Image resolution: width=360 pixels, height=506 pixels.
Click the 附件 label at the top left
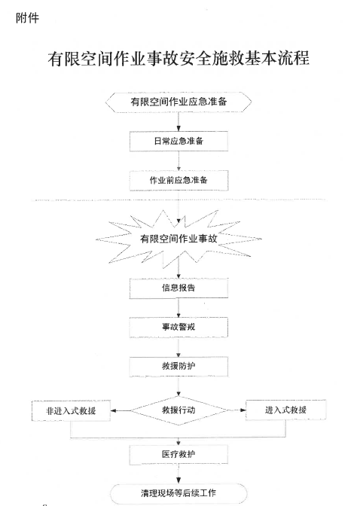[27, 19]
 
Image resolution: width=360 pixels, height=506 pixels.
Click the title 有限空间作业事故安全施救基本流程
[178, 58]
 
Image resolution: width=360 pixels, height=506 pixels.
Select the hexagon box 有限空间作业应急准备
[178, 101]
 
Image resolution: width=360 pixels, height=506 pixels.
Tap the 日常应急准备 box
[178, 141]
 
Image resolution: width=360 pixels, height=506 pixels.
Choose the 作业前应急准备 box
[178, 181]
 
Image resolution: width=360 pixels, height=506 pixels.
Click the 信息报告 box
[178, 288]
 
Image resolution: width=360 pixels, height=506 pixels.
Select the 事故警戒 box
[178, 328]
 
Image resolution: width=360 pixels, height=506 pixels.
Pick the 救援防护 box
[178, 367]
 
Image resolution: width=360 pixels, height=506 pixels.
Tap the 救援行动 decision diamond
[178, 410]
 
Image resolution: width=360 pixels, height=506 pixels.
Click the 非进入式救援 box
[70, 410]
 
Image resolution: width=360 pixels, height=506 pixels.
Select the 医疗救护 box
[178, 455]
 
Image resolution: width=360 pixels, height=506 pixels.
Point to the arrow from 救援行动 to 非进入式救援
[121, 411]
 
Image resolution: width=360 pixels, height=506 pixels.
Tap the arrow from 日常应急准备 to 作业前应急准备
[178, 161]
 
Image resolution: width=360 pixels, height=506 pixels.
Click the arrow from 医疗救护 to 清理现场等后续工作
[178, 475]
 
